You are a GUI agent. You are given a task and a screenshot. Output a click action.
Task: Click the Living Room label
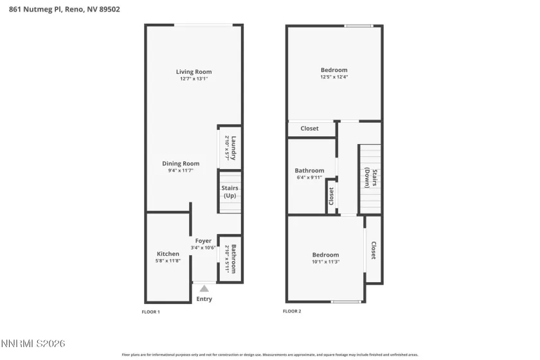click(x=194, y=71)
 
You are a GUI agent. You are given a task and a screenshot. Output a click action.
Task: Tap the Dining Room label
click(x=184, y=163)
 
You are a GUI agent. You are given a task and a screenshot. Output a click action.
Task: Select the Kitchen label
click(x=168, y=254)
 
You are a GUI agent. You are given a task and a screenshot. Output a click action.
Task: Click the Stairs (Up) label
click(x=230, y=192)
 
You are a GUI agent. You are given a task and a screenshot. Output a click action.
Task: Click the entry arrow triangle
click(x=204, y=289)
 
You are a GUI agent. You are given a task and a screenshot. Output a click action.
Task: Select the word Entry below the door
click(x=204, y=299)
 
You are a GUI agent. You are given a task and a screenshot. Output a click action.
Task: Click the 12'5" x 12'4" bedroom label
click(x=334, y=70)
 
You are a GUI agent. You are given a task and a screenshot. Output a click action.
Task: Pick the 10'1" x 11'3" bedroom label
click(x=325, y=255)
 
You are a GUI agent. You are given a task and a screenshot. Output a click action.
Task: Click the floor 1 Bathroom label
click(x=234, y=259)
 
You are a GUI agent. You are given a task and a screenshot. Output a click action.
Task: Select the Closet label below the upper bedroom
click(x=309, y=129)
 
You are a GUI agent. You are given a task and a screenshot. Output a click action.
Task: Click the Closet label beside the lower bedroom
click(x=373, y=250)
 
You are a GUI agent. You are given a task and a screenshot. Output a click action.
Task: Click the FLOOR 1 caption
click(x=150, y=312)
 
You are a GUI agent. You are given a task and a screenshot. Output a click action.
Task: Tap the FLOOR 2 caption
click(x=292, y=312)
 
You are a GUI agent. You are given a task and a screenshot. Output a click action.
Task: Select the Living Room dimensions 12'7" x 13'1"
click(x=194, y=78)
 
